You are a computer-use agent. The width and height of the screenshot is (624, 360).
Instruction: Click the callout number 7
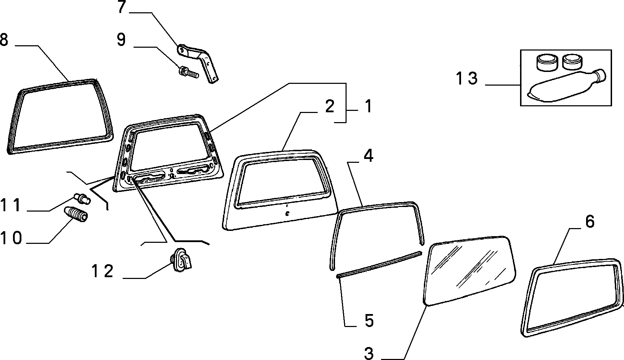pos(121,8)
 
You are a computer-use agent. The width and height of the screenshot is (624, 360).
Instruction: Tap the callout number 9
pos(121,40)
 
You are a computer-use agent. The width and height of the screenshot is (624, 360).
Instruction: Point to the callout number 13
pos(467,78)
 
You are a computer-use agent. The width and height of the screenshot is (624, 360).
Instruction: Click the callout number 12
pos(103,272)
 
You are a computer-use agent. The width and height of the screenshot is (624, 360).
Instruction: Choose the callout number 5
pos(369,321)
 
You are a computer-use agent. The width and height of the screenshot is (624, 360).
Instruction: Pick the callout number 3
pos(369,353)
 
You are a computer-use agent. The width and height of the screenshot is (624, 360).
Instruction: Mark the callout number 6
pos(590,222)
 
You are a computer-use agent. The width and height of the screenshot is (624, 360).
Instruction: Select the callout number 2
pos(329,107)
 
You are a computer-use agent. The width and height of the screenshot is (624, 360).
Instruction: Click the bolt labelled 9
pos(189,73)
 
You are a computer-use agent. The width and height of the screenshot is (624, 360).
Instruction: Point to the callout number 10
pos(11,238)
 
